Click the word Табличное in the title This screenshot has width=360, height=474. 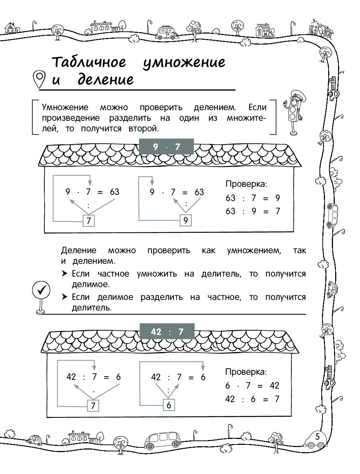click(89, 62)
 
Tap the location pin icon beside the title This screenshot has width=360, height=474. click(39, 80)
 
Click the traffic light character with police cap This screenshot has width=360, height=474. click(293, 112)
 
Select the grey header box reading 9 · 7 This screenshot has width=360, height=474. click(166, 147)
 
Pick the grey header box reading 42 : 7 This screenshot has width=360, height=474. click(167, 331)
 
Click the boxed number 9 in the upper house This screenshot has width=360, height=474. click(185, 220)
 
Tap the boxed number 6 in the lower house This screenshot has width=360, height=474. click(169, 405)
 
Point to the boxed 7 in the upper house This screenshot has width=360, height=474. click(89, 221)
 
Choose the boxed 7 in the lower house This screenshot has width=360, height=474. click(93, 406)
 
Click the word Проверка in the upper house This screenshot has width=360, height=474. click(246, 184)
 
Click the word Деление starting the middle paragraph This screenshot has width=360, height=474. click(78, 250)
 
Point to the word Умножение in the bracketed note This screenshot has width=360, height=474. click(65, 107)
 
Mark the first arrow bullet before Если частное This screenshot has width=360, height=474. click(64, 274)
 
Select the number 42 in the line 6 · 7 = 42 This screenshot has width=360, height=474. click(275, 385)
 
